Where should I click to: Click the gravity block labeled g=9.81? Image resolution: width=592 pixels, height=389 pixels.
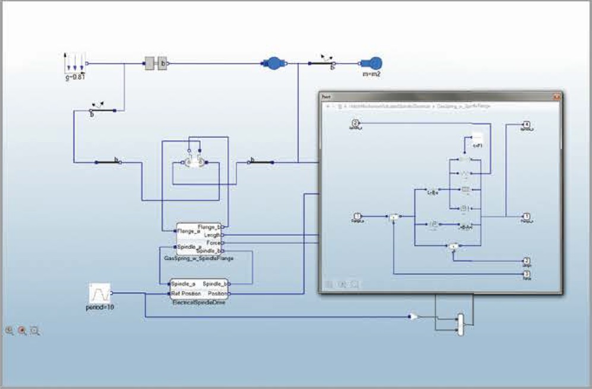point(74,64)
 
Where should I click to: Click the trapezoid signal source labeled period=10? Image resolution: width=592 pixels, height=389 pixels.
point(100,293)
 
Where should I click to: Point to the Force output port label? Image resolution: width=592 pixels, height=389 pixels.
point(213,243)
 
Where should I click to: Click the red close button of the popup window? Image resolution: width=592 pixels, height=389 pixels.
point(556,96)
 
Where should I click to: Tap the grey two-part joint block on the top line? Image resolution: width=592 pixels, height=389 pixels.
point(156,64)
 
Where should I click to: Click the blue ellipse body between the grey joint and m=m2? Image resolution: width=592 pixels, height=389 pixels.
point(274,64)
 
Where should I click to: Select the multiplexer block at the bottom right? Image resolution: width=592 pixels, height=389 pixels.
point(461,324)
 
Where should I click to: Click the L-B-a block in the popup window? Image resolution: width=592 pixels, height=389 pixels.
point(433,192)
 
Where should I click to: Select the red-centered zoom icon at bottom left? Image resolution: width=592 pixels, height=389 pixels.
point(23,331)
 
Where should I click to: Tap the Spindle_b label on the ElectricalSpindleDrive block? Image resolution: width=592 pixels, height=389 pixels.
point(212,284)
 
